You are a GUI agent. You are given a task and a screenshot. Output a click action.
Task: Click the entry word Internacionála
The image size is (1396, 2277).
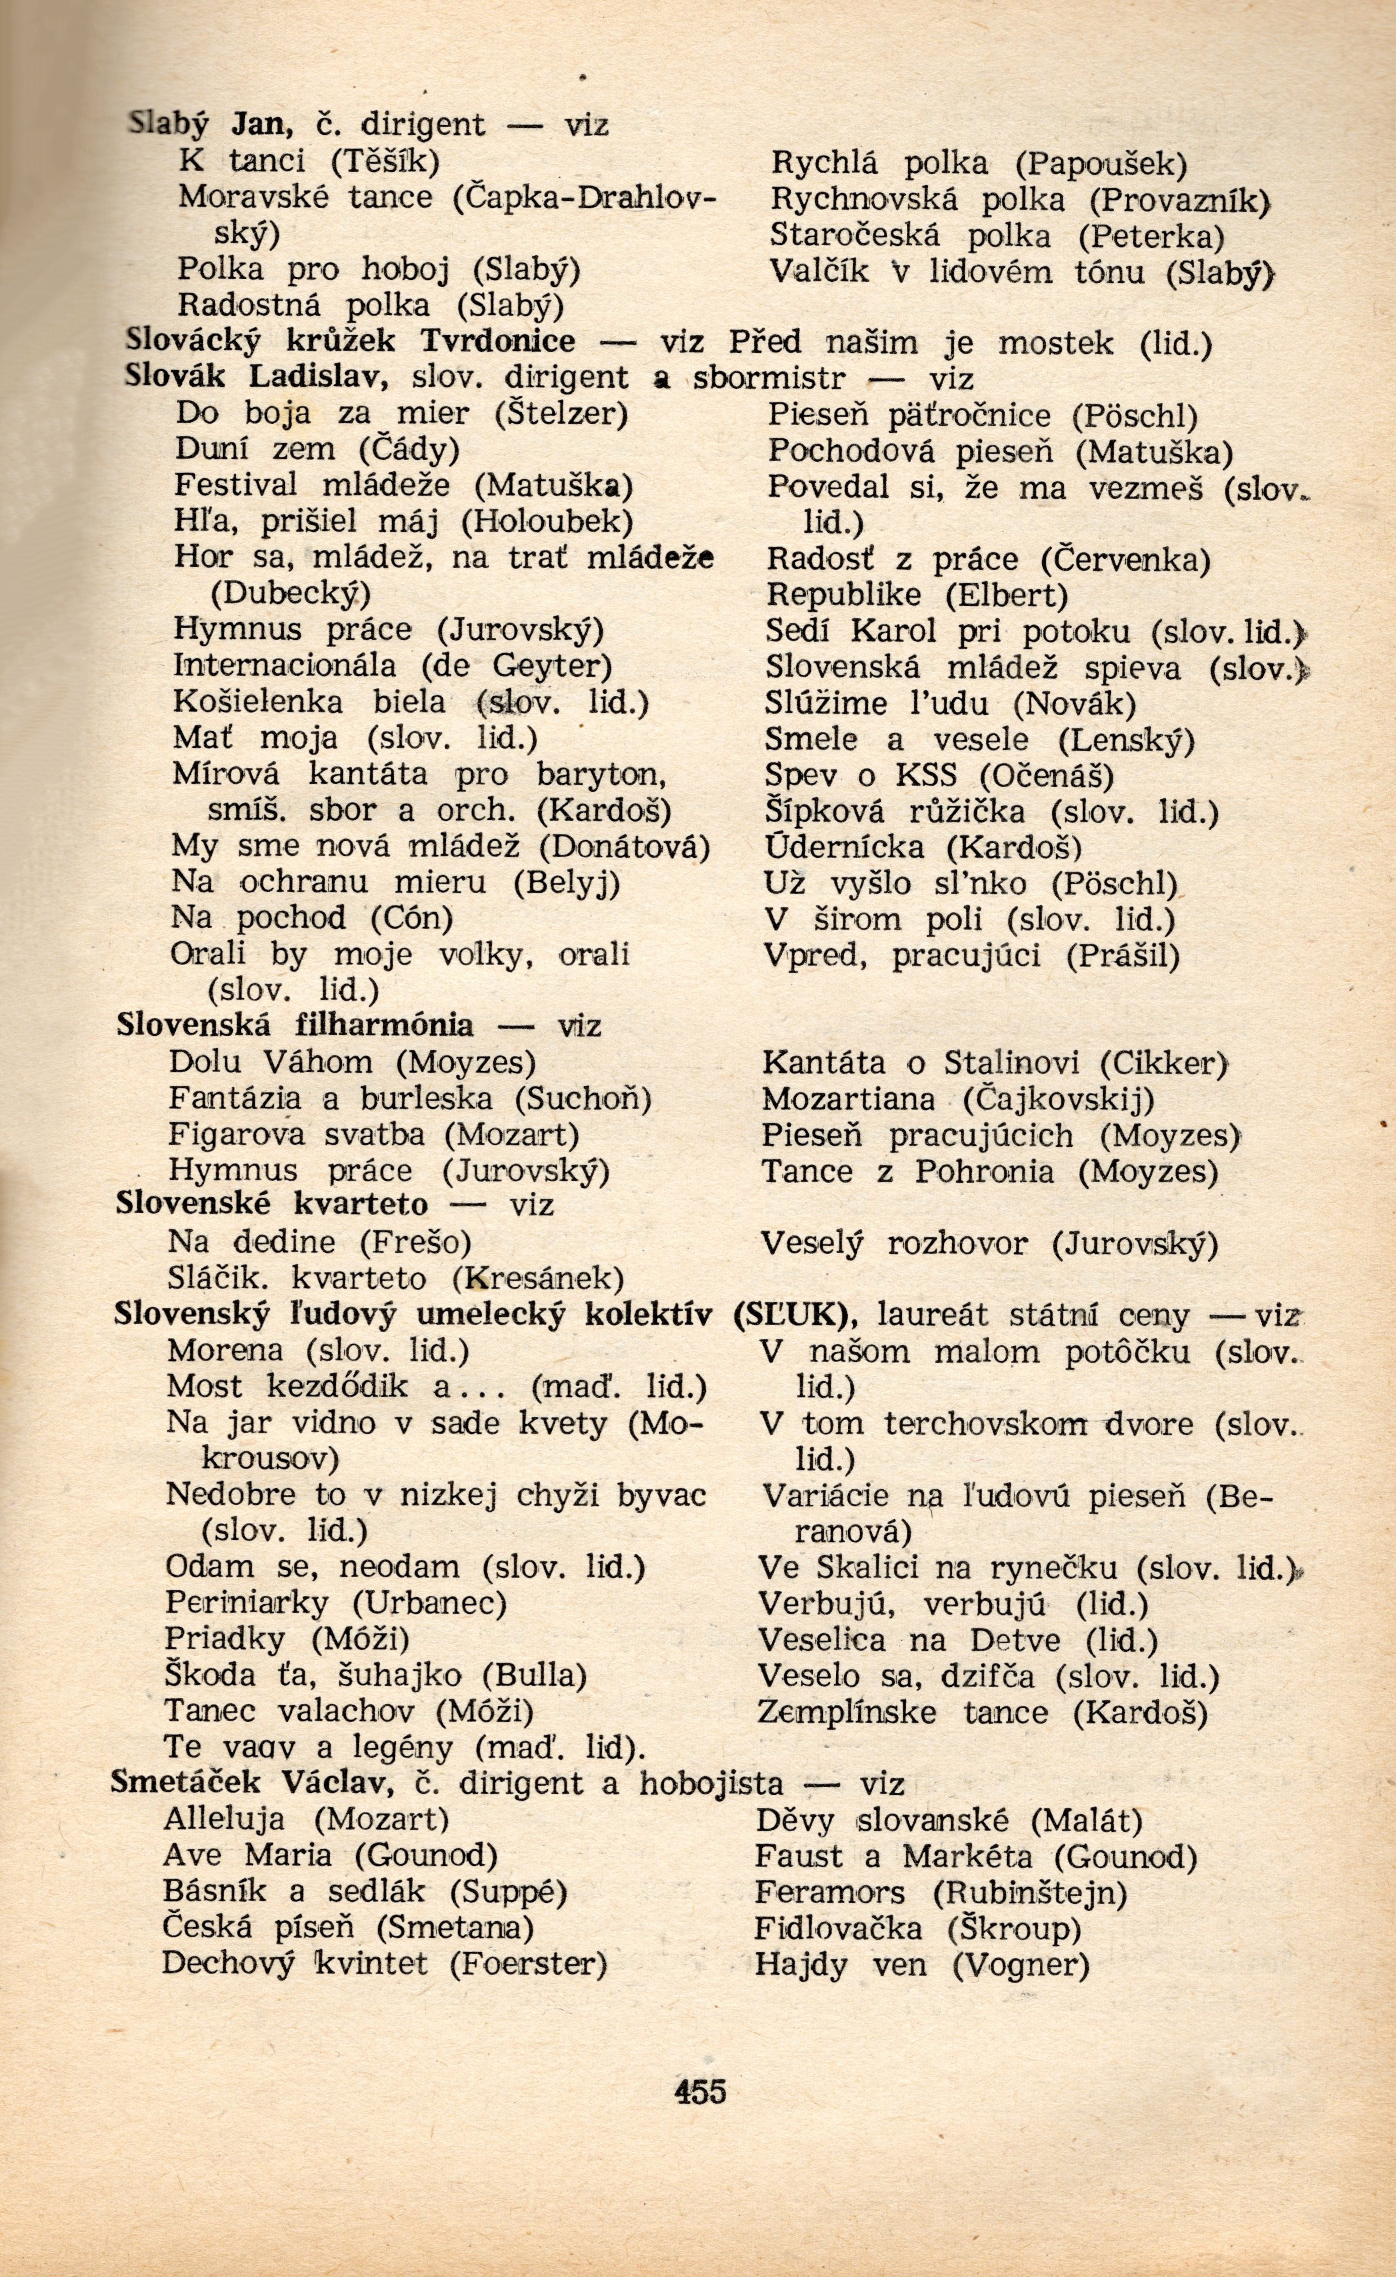click(285, 666)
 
